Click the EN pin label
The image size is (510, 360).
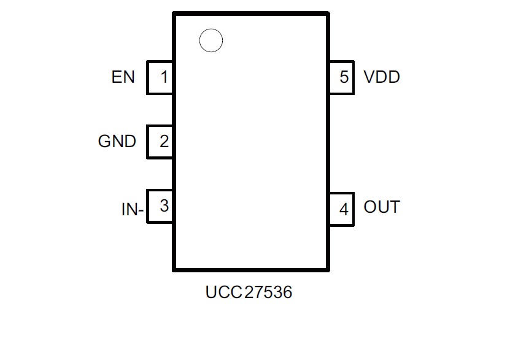pos(123,77)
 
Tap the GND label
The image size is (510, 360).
pos(117,142)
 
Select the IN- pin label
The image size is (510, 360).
pos(132,210)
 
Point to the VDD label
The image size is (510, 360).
pos(381,77)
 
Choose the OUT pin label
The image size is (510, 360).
pos(381,207)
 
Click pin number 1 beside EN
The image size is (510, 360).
pos(163,77)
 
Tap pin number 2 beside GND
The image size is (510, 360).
pos(164,142)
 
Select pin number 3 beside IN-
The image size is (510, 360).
pos(164,206)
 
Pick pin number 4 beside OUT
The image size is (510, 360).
pos(344,210)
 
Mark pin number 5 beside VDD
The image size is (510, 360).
pos(344,77)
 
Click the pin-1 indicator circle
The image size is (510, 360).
pos(211,40)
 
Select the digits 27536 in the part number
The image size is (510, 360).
pos(268,293)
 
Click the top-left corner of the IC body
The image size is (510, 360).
pos(175,13)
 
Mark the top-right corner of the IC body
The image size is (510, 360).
pos(327,13)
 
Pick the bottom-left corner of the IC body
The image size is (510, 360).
pos(175,269)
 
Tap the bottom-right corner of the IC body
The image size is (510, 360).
pos(327,269)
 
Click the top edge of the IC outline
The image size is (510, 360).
pos(251,13)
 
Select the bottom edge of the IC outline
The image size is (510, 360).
pos(251,269)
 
